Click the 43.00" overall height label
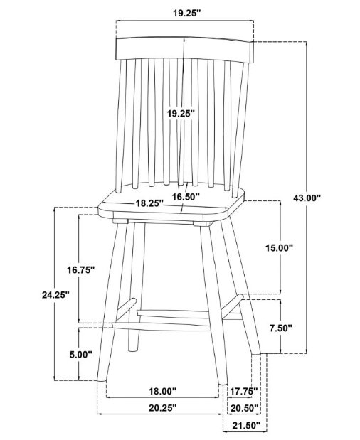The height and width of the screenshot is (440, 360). pyautogui.click(x=307, y=198)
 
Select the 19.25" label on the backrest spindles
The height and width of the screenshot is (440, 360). pyautogui.click(x=181, y=114)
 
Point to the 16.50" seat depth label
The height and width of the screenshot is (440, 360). pyautogui.click(x=186, y=197)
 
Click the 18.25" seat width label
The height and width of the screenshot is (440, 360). pyautogui.click(x=149, y=203)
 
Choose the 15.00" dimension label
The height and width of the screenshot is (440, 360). pyautogui.click(x=280, y=248)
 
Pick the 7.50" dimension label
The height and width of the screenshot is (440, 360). pyautogui.click(x=281, y=328)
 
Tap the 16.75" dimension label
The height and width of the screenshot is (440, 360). pyautogui.click(x=80, y=270)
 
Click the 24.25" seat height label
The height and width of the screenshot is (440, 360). pyautogui.click(x=55, y=295)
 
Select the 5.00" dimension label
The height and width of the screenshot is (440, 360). pyautogui.click(x=81, y=355)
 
